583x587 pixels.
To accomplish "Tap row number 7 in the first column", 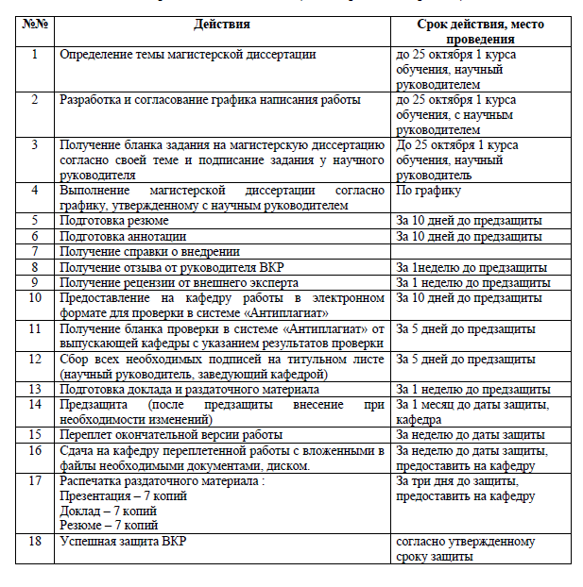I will [x=34, y=252].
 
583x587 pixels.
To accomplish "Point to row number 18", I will [x=34, y=542].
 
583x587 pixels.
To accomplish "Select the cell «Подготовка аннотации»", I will [x=123, y=236].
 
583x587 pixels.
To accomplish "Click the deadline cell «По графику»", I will [x=428, y=191].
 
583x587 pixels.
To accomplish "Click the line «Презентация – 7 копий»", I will [x=123, y=495].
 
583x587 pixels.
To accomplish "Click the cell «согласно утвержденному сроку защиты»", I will [x=466, y=549].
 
